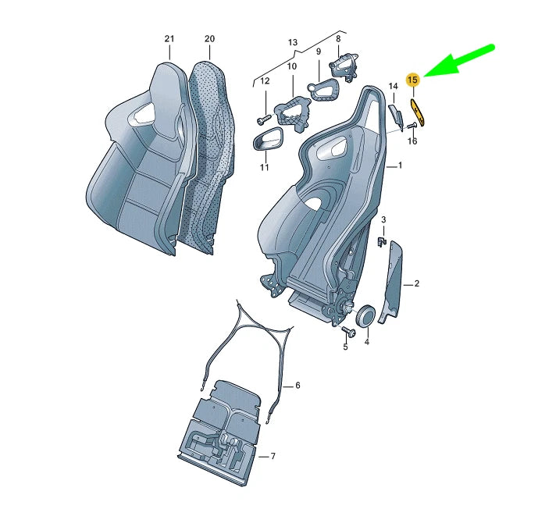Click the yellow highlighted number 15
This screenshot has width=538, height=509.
click(414, 79)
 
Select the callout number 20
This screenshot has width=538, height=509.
click(209, 38)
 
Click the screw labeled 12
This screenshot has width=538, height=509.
click(262, 119)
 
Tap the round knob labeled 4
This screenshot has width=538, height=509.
click(364, 316)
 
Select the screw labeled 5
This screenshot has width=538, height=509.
click(349, 333)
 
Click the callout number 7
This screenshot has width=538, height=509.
click(272, 456)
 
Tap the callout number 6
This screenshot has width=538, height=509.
click(297, 386)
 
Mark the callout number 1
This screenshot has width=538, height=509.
click(400, 166)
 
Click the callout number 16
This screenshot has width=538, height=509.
click(412, 141)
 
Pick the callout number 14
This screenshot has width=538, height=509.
click(394, 86)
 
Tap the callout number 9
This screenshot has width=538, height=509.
click(319, 52)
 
